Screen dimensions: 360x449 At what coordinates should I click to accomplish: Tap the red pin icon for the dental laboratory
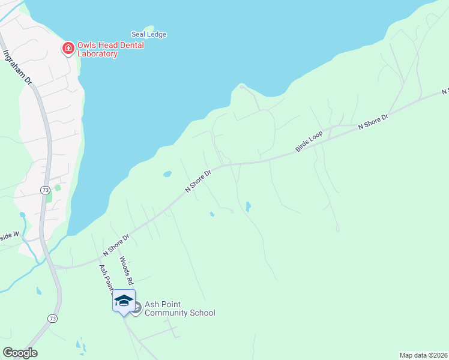[68, 47]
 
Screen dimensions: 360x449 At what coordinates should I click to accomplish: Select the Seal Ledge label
[149, 35]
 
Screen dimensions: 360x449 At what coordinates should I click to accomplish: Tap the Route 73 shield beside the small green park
[45, 190]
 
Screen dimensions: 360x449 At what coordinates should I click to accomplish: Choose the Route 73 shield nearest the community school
[53, 318]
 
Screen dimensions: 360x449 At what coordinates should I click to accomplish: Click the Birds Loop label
[309, 142]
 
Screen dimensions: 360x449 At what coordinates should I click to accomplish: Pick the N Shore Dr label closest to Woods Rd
[117, 245]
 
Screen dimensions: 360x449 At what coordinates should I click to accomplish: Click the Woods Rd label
[125, 270]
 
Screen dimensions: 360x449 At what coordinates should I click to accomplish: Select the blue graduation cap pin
[124, 300]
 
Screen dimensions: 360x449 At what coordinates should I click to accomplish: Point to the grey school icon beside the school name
[136, 308]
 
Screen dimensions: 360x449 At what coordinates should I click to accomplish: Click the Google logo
[20, 352]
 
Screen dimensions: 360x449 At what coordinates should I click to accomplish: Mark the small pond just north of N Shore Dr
[167, 174]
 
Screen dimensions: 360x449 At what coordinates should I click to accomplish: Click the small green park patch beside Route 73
[58, 188]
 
